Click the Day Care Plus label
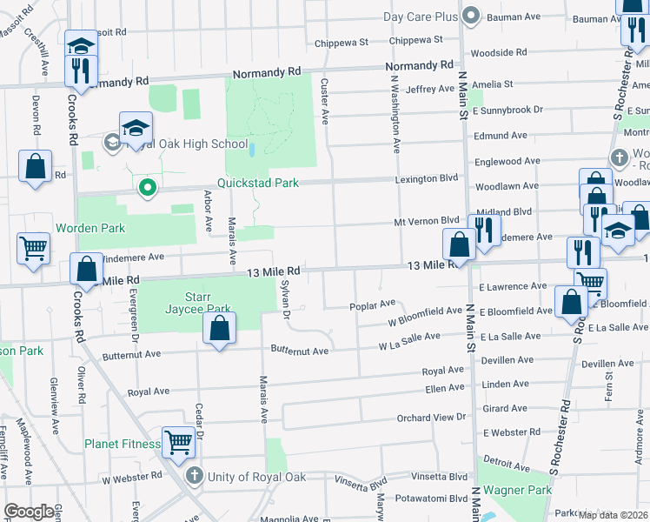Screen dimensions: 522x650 pos(420,17)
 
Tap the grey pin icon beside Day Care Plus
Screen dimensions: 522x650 pos(471,15)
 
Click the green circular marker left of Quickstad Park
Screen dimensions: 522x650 pos(148,186)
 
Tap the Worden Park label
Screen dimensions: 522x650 pos(90,228)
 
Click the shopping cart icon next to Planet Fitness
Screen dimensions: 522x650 pos(178,441)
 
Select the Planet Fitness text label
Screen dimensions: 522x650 pos(123,444)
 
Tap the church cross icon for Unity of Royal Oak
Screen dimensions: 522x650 pos(196,476)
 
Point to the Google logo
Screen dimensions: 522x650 pos(29,512)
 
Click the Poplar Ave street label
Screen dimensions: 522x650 pos(372,304)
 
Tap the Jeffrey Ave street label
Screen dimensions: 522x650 pos(430,89)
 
